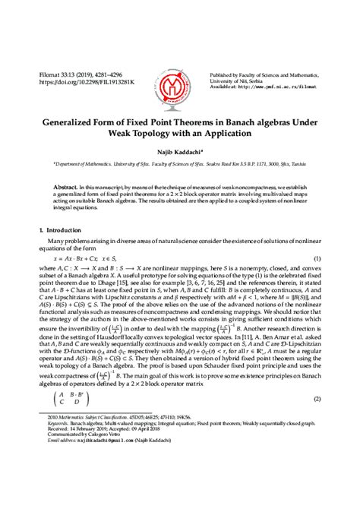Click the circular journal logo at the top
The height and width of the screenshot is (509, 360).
(180, 79)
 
